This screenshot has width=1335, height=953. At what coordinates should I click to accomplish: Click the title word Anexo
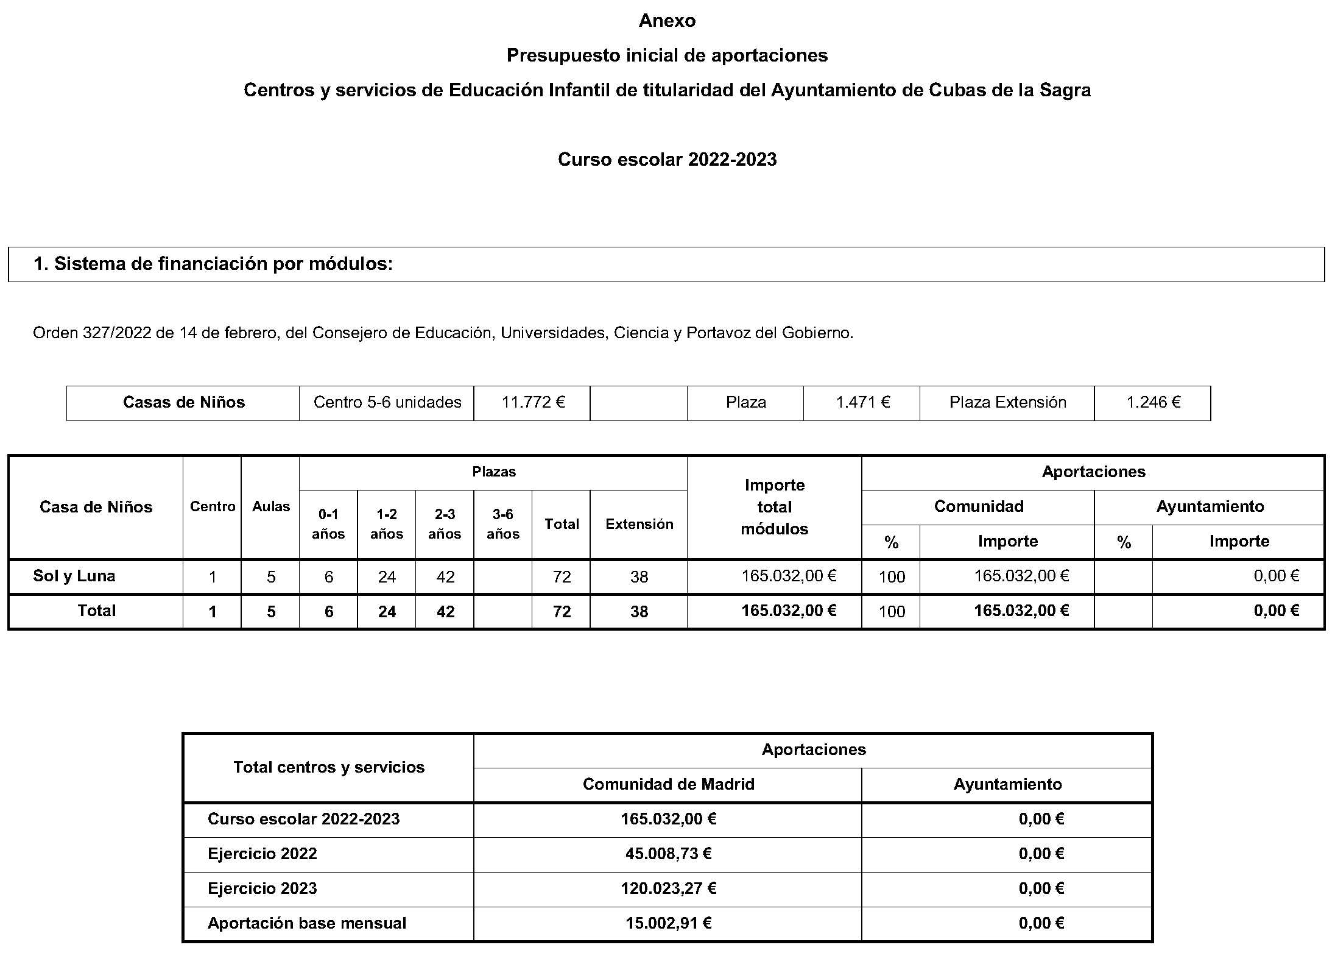pos(667,21)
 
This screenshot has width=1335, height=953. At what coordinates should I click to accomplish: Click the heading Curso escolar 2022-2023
pos(667,160)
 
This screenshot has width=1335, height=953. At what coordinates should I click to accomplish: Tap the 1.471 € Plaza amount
pos(862,402)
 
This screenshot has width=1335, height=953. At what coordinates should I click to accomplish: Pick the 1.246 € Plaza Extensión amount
pos(1153,402)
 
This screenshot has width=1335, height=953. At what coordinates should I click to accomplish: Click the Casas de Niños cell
pos(183,402)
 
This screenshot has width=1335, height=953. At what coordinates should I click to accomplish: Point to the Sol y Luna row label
pos(74,576)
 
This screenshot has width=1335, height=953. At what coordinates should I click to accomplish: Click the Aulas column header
pos(271,506)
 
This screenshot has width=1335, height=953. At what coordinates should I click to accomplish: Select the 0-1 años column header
pos(328,524)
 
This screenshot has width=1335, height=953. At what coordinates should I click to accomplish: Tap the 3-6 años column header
pos(502,524)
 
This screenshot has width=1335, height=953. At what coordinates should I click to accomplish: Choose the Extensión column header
pos(639,524)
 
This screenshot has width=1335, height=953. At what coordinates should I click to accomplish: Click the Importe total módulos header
pos(774,507)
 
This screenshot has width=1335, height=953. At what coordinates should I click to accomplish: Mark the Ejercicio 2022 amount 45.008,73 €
pos(668,854)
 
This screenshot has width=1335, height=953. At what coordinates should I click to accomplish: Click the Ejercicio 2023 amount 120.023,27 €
pos(668,888)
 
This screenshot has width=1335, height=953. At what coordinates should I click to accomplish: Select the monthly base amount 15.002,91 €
pos(668,923)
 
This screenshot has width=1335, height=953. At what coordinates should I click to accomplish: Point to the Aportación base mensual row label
pos(307,923)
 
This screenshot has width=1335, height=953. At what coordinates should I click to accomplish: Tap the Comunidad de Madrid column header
pos(668,784)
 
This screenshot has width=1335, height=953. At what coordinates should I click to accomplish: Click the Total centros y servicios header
pos(329,767)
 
